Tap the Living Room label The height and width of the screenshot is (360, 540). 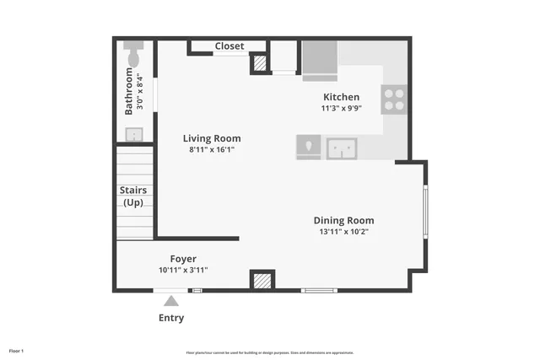point(212,138)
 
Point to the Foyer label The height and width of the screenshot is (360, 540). point(183,259)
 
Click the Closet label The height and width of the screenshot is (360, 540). point(229,46)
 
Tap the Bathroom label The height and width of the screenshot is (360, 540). point(129,91)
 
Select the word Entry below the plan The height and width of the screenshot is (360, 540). point(171,318)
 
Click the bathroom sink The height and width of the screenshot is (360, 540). point(134,134)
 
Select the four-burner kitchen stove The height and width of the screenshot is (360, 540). point(393,99)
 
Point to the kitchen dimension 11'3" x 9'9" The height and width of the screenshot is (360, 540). point(341,108)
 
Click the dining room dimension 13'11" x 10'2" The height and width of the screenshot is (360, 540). point(343,231)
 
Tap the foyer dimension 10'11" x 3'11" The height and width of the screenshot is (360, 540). point(183,270)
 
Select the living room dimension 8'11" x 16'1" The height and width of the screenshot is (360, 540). point(212,149)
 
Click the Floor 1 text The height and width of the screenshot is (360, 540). point(17,350)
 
